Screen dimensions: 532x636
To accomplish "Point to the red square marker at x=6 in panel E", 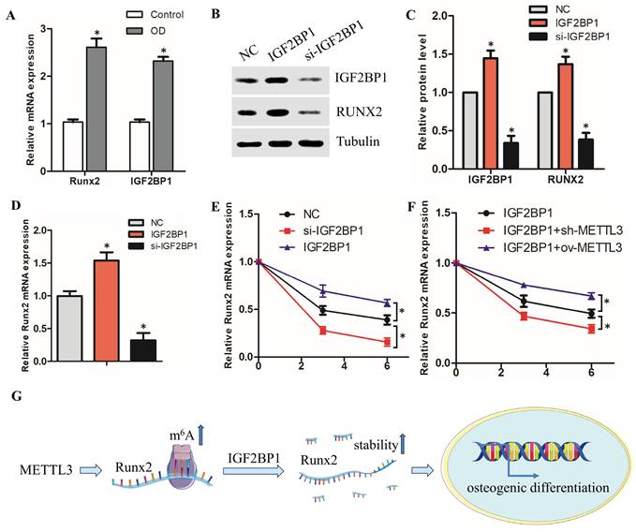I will [x=388, y=343].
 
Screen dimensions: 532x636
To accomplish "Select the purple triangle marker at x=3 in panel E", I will [x=323, y=290].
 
